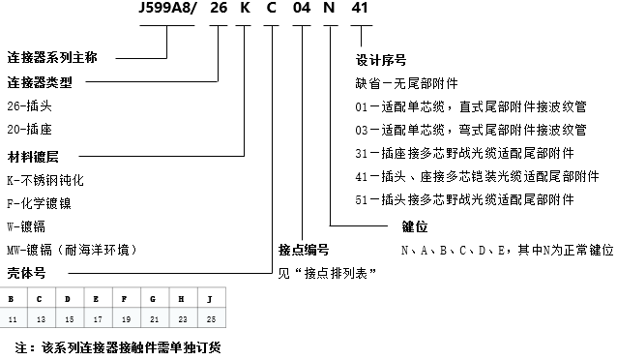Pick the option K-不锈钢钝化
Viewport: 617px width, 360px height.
point(46,179)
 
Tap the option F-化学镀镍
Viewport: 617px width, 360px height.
point(40,203)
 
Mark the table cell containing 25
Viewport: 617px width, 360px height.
point(211,318)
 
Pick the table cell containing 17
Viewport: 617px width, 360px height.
point(97,318)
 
